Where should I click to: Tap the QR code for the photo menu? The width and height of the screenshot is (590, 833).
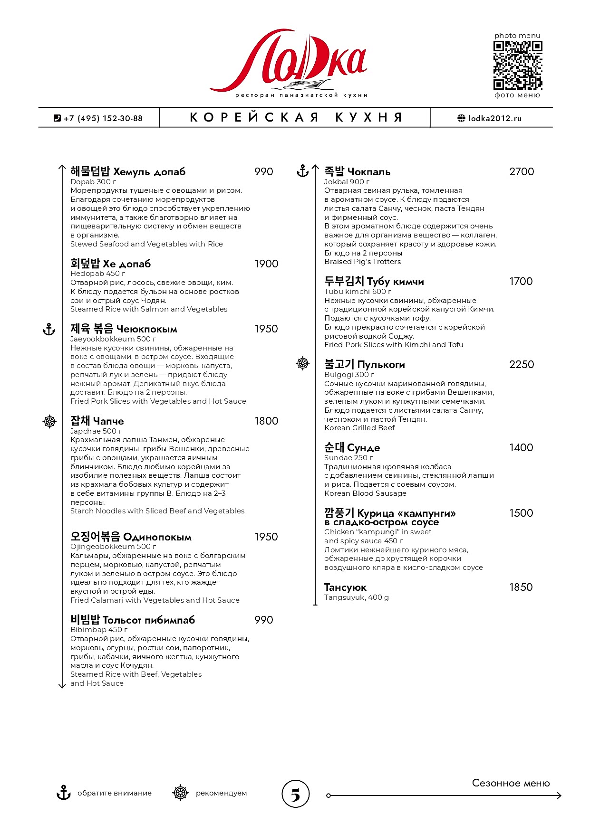tap(517, 65)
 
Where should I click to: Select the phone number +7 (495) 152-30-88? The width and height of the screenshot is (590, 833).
tap(103, 118)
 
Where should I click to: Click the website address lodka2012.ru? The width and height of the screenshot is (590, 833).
tap(494, 118)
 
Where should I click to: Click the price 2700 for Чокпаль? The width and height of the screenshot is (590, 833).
tap(521, 172)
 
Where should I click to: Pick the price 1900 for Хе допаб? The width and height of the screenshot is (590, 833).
tap(266, 264)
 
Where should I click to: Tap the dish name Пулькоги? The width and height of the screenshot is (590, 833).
tap(381, 365)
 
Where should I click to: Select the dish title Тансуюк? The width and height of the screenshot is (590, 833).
tap(345, 587)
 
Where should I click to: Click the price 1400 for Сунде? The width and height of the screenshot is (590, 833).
tap(521, 448)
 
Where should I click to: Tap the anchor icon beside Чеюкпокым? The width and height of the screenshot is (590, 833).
tap(49, 329)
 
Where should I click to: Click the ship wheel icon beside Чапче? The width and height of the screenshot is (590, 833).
tap(49, 421)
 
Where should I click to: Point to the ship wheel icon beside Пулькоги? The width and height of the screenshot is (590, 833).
tap(303, 364)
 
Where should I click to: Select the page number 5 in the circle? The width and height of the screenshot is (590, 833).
tap(295, 795)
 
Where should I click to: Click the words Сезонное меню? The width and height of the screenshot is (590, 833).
tap(511, 783)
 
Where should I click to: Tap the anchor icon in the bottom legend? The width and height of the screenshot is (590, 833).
tap(63, 793)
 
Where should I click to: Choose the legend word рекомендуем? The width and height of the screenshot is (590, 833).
tap(221, 793)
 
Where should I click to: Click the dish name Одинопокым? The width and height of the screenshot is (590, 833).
tap(157, 537)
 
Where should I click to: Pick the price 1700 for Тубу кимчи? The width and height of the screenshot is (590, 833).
tap(521, 282)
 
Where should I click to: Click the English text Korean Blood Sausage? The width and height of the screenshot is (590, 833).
tap(365, 493)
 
